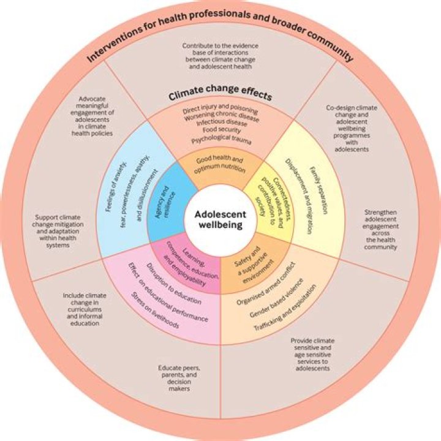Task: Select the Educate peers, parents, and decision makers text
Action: (176, 379)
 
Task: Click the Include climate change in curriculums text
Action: (81, 309)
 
